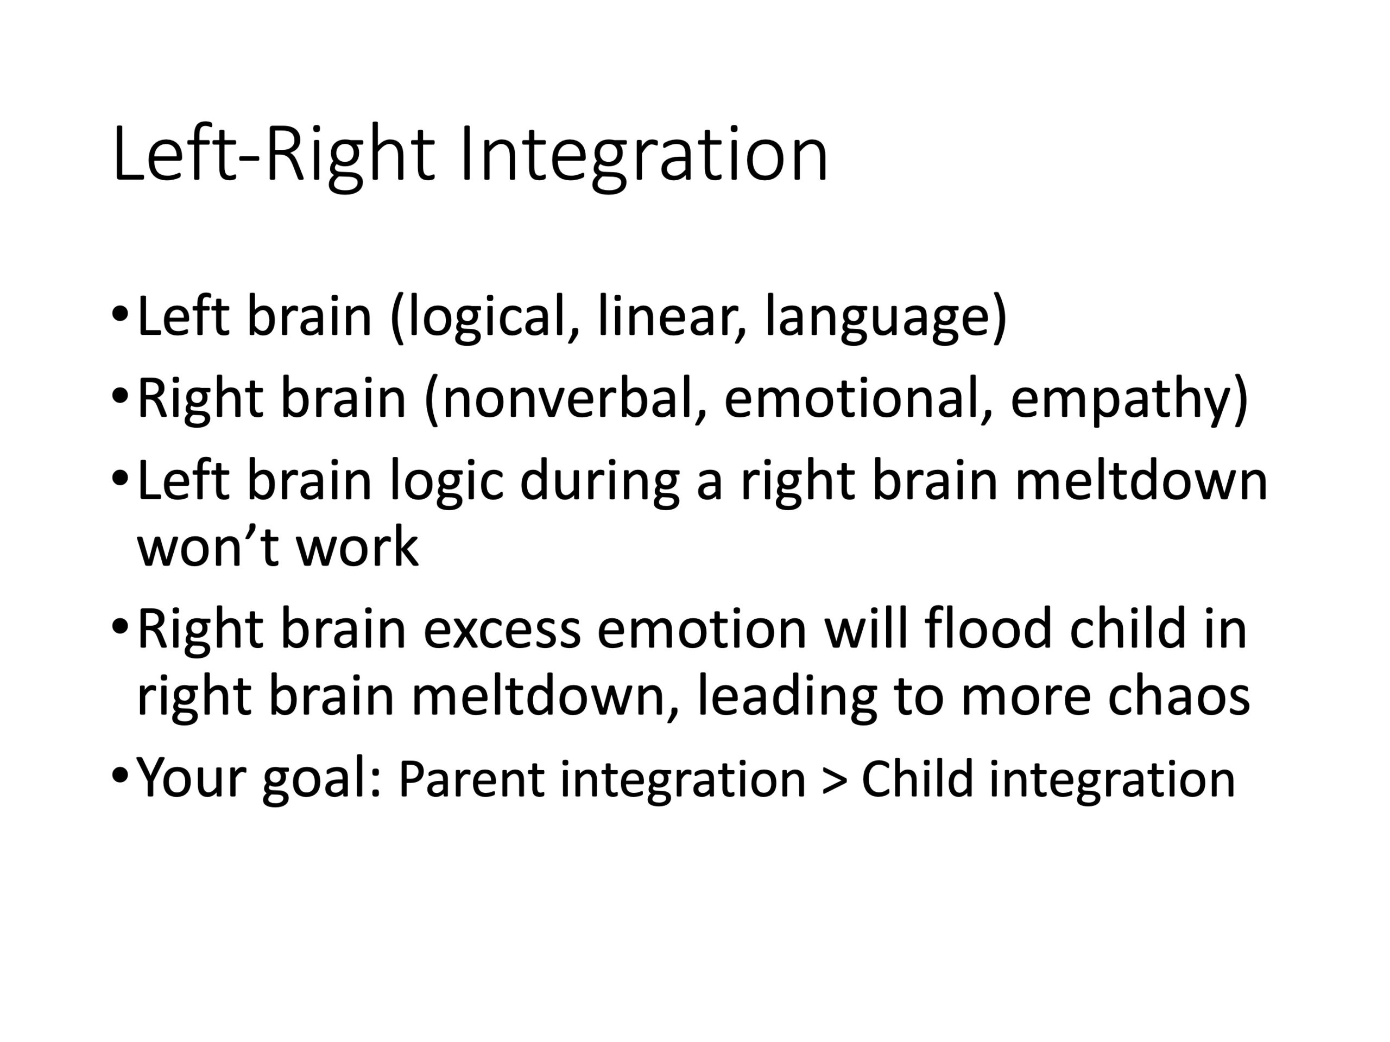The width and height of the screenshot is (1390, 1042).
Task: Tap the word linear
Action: pyautogui.click(x=672, y=316)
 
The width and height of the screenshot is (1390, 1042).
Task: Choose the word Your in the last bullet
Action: pyautogui.click(x=191, y=778)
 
